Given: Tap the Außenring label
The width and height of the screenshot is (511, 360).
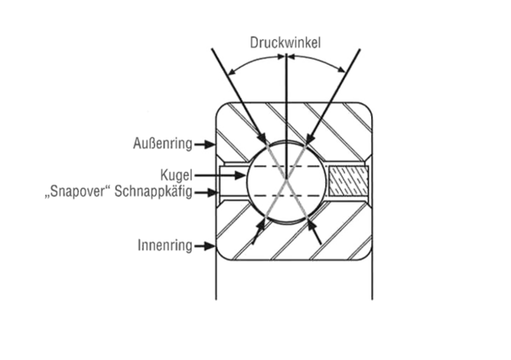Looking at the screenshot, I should pyautogui.click(x=163, y=142).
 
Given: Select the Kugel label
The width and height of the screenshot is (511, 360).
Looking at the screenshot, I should pyautogui.click(x=179, y=173).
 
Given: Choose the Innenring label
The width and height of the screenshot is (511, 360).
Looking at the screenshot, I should pyautogui.click(x=164, y=246).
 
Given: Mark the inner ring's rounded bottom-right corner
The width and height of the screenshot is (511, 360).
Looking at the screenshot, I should pyautogui.click(x=366, y=254).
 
